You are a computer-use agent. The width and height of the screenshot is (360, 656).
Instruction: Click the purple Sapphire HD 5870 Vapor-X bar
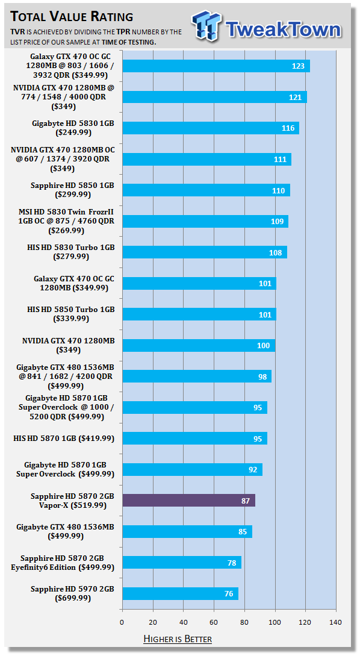(188, 501)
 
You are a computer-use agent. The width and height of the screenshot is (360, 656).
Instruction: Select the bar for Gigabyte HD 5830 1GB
(211, 128)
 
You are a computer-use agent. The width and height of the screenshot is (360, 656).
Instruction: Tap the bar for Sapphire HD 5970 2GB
(180, 593)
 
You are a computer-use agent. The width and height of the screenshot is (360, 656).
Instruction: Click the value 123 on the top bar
(298, 66)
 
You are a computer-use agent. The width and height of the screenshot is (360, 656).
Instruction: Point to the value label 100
(263, 346)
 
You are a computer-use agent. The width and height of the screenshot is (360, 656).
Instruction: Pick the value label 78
(231, 562)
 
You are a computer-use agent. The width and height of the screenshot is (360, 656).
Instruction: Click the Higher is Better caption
(178, 639)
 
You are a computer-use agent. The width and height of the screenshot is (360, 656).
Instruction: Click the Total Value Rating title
(72, 17)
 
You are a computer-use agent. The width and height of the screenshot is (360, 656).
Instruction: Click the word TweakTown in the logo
(284, 30)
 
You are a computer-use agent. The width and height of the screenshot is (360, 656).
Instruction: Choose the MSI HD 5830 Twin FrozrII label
(66, 221)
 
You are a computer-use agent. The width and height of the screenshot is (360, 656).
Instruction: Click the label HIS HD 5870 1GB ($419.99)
(64, 439)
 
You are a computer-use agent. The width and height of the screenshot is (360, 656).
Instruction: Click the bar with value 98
(197, 376)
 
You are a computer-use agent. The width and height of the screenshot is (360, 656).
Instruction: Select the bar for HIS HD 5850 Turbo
(199, 314)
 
